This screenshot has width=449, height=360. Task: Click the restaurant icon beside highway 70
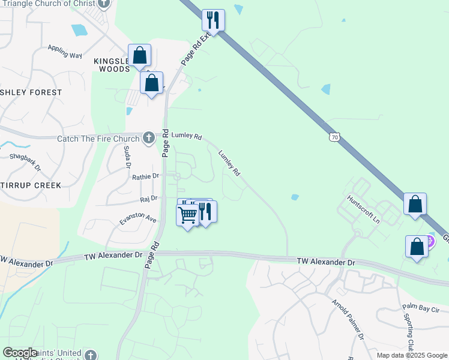(213, 20)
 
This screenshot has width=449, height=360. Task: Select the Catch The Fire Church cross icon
(149, 139)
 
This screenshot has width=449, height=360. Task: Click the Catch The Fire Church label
(98, 139)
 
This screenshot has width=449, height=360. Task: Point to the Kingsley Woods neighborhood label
(112, 65)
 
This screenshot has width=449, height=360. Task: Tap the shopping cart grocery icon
(187, 214)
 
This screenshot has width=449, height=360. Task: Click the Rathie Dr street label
(146, 176)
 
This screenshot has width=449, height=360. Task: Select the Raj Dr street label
(148, 198)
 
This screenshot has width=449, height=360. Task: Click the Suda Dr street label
(127, 157)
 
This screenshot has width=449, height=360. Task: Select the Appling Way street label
(64, 55)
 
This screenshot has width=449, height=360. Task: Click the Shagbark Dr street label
(25, 161)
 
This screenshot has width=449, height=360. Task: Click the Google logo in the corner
(20, 353)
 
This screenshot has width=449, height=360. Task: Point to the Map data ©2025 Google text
(411, 355)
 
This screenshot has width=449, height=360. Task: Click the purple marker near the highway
(430, 242)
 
